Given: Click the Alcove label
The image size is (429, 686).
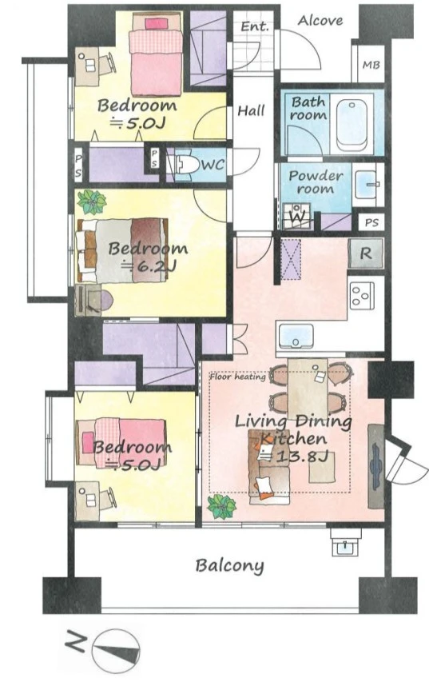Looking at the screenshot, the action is click(x=320, y=21).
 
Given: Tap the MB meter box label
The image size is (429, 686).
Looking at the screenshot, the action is click(x=371, y=66).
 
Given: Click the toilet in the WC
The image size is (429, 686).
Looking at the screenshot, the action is click(x=187, y=164).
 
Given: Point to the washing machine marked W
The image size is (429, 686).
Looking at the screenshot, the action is click(x=296, y=216).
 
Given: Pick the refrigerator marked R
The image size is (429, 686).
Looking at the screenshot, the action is click(x=366, y=253).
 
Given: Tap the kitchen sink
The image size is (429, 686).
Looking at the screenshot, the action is click(x=296, y=336).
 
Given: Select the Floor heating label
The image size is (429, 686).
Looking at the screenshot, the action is click(x=237, y=377).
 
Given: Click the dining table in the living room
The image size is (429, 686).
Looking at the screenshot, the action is click(x=308, y=389).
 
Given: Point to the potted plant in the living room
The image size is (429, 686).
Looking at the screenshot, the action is click(x=222, y=507).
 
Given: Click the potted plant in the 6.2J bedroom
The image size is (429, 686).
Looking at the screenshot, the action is click(x=92, y=202).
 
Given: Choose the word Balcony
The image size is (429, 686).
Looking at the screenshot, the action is click(x=229, y=566).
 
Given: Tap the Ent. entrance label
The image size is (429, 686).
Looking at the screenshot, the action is click(x=255, y=26).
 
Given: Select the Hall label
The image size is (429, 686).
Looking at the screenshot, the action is click(x=251, y=110).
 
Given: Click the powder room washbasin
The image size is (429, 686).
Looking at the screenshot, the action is click(x=365, y=184).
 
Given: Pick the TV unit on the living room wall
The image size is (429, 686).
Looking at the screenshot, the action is click(x=375, y=466).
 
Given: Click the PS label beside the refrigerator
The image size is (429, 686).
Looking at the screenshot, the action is click(x=371, y=223).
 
